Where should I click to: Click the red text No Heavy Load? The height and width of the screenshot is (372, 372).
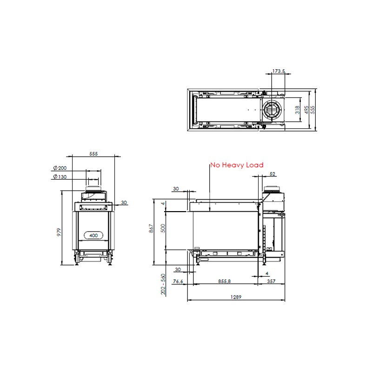point(237,165)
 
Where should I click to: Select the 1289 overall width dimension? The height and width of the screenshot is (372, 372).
point(236,297)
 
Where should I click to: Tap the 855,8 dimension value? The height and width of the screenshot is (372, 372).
point(224,281)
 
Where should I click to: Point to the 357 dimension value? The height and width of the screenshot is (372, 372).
point(271,281)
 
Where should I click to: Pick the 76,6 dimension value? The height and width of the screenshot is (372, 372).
point(178,281)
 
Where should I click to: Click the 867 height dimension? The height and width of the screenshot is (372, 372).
point(151,228)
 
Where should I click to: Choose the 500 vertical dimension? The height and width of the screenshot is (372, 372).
point(163,228)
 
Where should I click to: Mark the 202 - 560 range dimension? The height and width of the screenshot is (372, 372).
point(163,284)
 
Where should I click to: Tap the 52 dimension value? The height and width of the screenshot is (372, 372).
point(272,174)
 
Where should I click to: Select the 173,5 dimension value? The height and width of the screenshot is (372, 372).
point(279,71)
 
